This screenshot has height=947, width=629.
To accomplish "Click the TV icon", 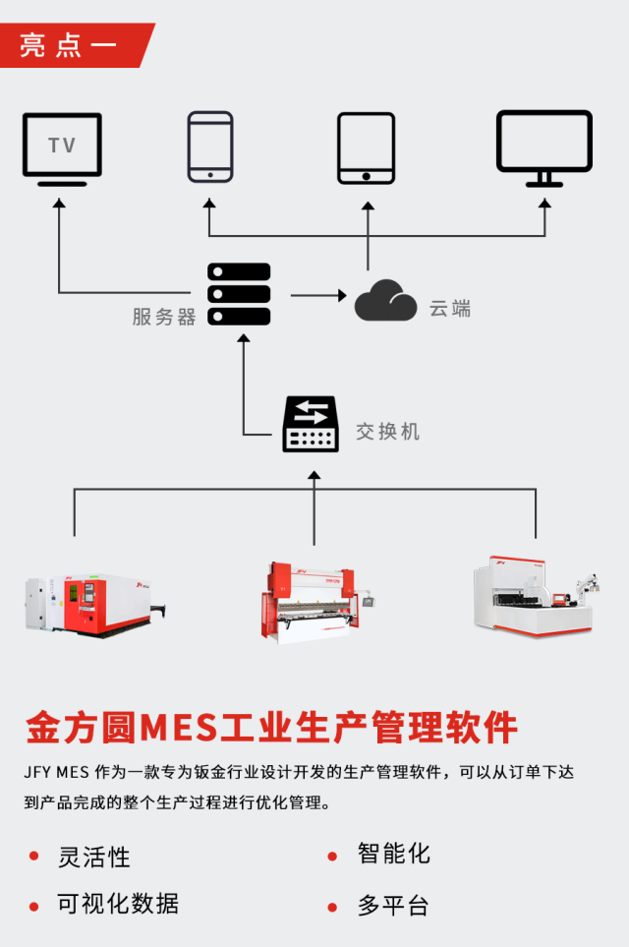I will coord(62,148).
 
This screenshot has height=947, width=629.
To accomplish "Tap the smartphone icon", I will coord(210,147).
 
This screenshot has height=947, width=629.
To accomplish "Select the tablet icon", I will coord(366,148).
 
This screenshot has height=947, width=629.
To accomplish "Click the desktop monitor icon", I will coord(543,148).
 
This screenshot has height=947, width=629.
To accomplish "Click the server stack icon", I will coord(239,294).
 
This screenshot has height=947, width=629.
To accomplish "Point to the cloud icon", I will coord(385,301).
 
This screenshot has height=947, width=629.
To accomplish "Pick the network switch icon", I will coord(311,425).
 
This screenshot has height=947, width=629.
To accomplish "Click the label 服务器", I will coord(164,317).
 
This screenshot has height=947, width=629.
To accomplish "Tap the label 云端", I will coord(450,309).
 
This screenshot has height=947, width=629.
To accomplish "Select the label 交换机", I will coord(387,432).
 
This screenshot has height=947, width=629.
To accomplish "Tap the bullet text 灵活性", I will coord(94,858).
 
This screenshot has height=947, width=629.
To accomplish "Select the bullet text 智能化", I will coord(393,854).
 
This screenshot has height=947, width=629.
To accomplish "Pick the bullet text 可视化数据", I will coord(119,904).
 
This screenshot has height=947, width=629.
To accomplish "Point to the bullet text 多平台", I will coord(393,906).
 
